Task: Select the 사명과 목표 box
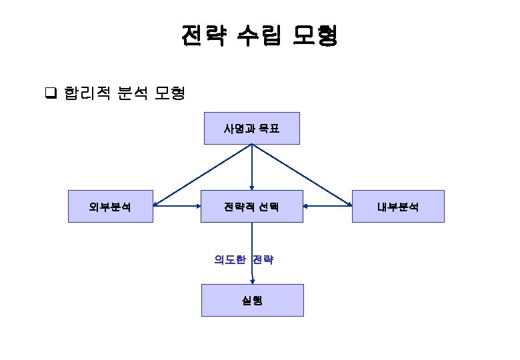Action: pos(251,128)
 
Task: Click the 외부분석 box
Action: pos(110,206)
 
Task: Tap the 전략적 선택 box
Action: pos(251,206)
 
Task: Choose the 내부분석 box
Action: pos(398,206)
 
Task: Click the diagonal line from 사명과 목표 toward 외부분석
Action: pos(203,175)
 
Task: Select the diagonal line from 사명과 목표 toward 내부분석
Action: pos(300,175)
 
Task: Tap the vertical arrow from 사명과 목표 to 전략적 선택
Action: pos(252,167)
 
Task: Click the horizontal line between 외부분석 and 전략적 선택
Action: pos(178,206)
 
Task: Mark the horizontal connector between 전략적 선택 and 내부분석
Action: pos(327,206)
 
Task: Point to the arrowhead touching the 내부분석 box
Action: pos(349,205)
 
